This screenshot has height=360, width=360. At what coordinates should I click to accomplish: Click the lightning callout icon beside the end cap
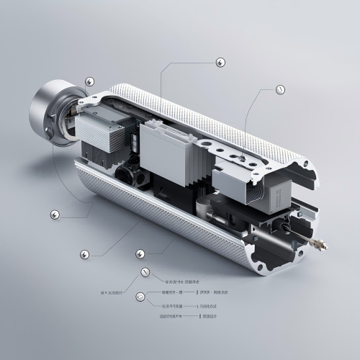[x=89, y=81]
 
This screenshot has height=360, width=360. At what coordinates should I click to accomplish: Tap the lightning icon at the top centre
[x=220, y=62]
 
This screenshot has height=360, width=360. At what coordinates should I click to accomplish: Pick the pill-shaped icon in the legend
[x=140, y=296]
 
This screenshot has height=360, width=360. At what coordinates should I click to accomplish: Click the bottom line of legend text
[x=177, y=316]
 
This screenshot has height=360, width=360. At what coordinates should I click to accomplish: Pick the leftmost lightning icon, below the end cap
[x=54, y=214]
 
